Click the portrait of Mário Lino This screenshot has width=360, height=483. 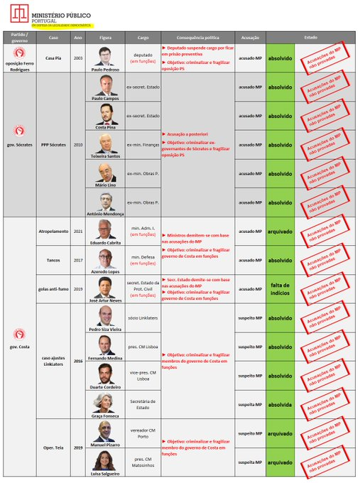(x=106, y=171)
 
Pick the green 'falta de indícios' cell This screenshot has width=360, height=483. (x=280, y=289)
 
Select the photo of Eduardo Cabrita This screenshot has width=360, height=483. (x=106, y=228)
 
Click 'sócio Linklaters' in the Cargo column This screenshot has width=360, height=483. (x=143, y=318)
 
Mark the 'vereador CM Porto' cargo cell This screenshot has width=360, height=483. (x=143, y=433)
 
